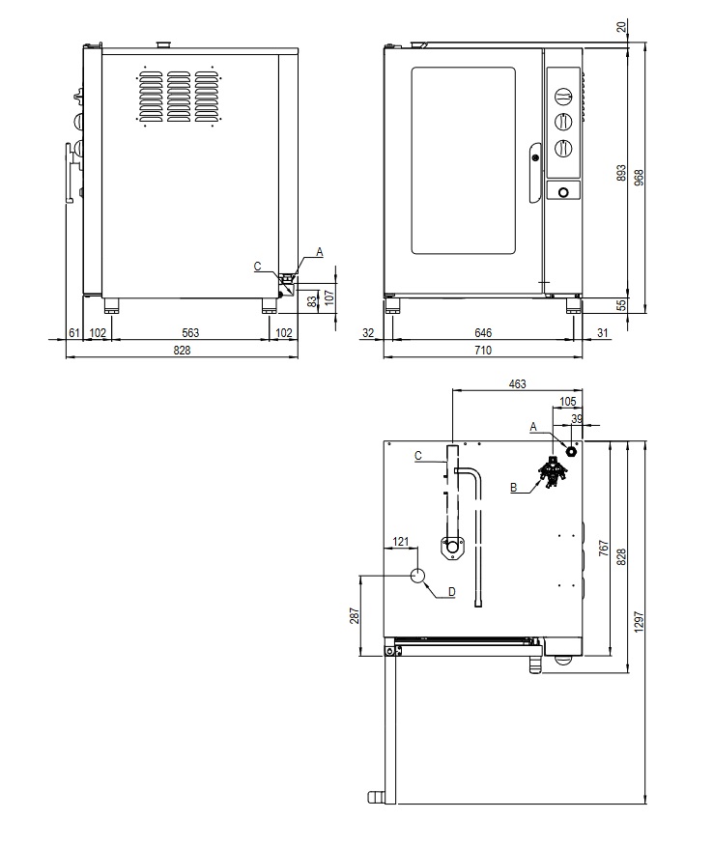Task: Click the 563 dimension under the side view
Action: pos(190,333)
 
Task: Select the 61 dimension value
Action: pos(73,333)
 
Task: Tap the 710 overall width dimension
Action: pos(483,350)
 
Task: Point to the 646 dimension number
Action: pos(483,333)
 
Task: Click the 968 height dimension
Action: pos(639,177)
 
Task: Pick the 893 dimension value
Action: pos(621,173)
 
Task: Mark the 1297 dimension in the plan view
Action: pos(639,622)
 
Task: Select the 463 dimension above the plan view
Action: pos(517,383)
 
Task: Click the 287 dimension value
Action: pos(354,616)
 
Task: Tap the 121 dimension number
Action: pos(401,541)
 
